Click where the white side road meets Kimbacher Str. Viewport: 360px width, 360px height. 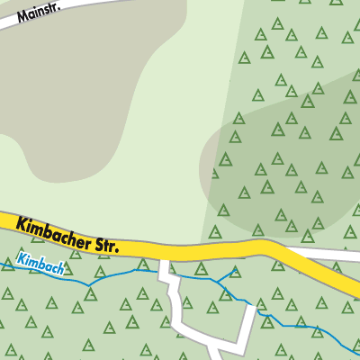coord(165,258)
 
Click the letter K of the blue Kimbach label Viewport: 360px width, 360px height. coord(19,261)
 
